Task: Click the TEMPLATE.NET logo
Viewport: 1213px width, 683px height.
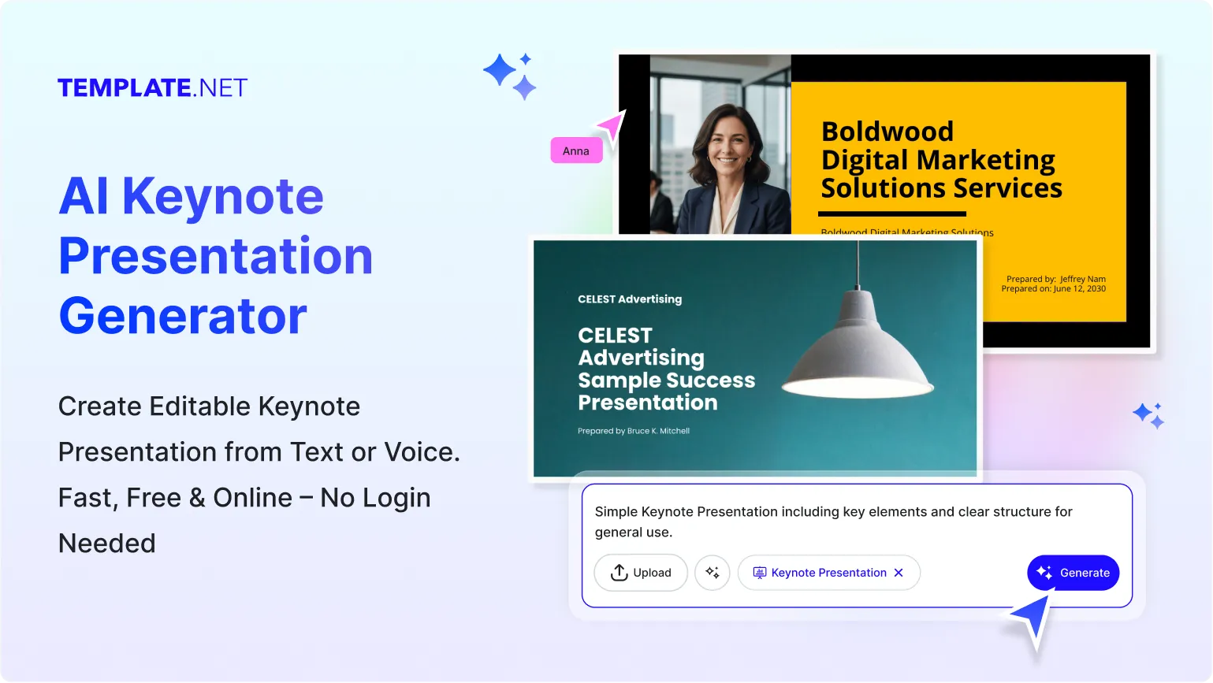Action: tap(152, 87)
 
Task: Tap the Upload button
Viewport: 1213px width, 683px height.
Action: tap(640, 573)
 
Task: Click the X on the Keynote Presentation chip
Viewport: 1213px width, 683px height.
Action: tap(899, 573)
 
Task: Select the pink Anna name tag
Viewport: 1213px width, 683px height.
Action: tap(576, 150)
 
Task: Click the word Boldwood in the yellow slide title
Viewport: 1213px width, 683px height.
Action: tap(887, 131)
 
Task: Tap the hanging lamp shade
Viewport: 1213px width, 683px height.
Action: tap(858, 347)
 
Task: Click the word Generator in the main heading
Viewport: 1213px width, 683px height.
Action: tap(183, 316)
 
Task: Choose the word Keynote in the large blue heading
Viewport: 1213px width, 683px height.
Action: tap(223, 196)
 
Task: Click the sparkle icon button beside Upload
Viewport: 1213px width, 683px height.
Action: tap(713, 573)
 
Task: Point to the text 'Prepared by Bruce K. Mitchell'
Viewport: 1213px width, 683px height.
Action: tap(633, 431)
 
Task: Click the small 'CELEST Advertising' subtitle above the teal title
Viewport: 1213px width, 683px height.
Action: tap(630, 299)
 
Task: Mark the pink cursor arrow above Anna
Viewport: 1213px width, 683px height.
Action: tap(612, 125)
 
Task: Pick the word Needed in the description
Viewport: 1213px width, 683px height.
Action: tap(107, 544)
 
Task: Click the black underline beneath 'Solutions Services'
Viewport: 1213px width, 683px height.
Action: tap(891, 213)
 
